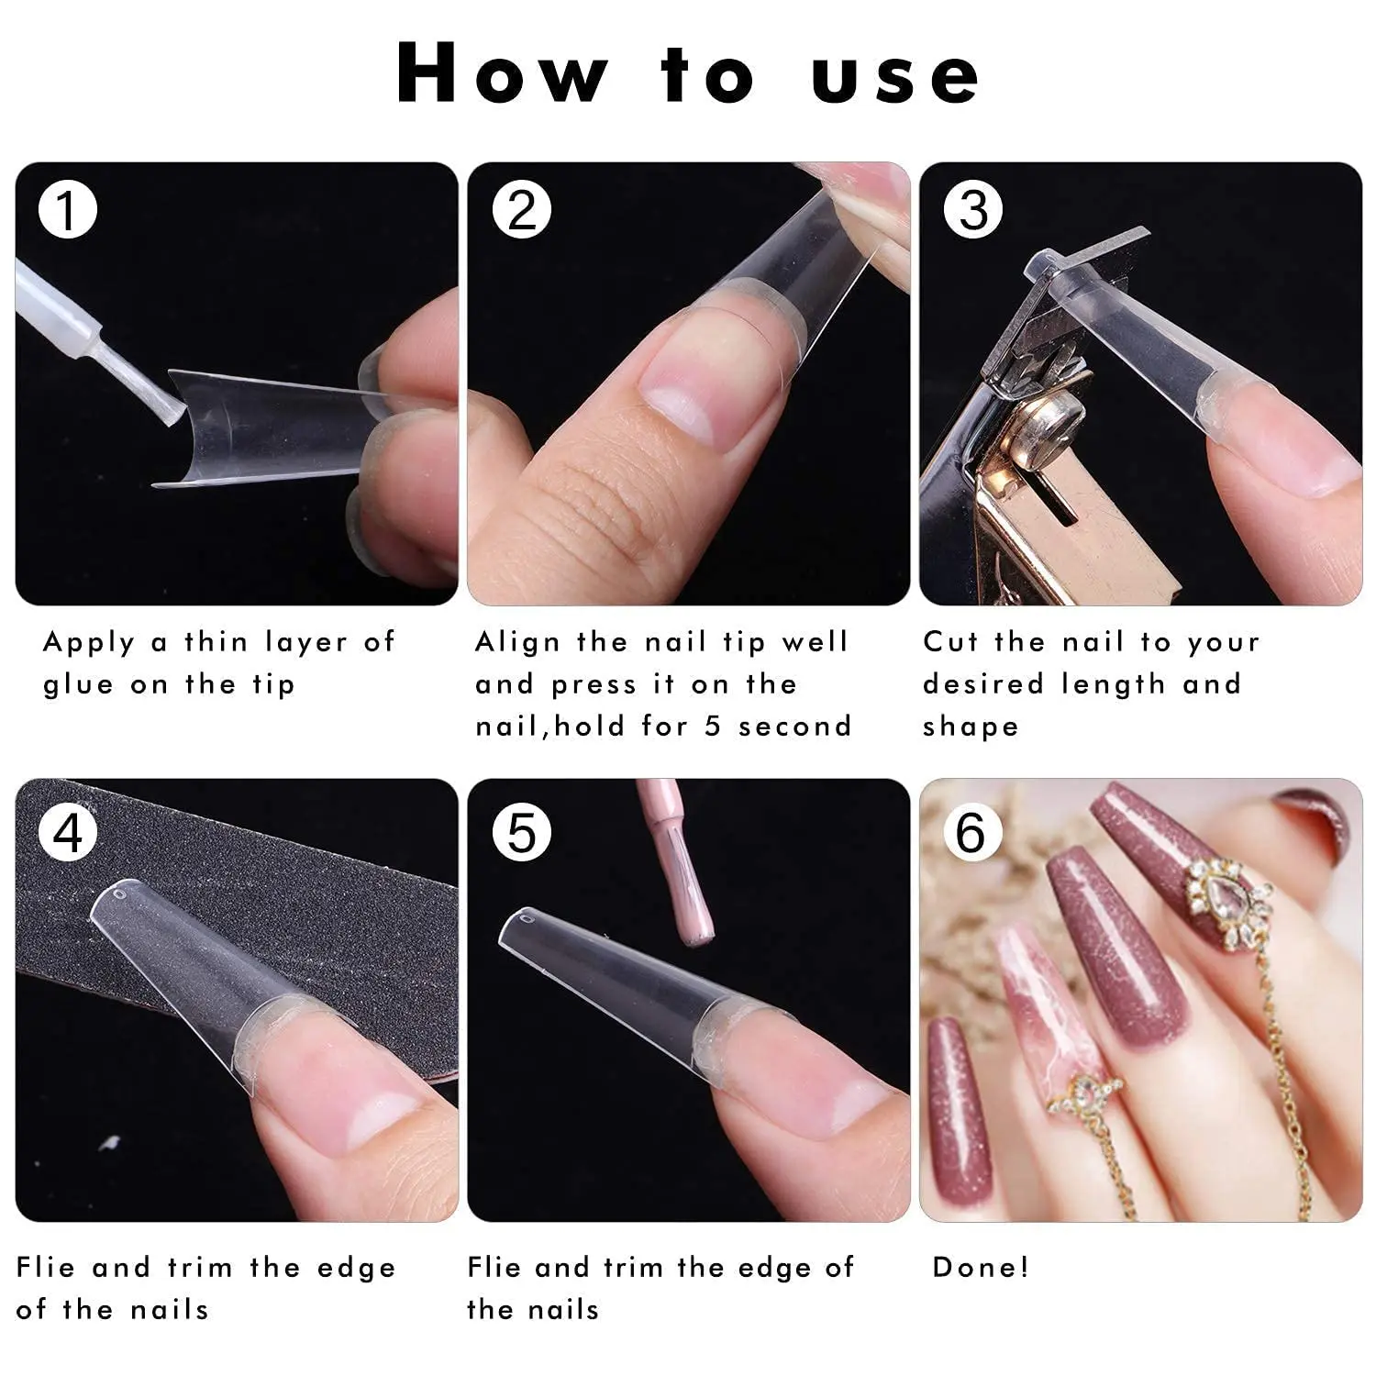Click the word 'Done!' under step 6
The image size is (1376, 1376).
[981, 1267]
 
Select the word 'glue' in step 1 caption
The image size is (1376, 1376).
[78, 685]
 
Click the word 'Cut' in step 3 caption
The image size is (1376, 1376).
[950, 642]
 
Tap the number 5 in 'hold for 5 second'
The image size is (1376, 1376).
[713, 727]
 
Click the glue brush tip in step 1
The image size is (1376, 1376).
[167, 409]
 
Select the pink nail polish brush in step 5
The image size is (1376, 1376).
[690, 908]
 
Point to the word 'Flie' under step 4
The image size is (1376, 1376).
[45, 1268]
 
